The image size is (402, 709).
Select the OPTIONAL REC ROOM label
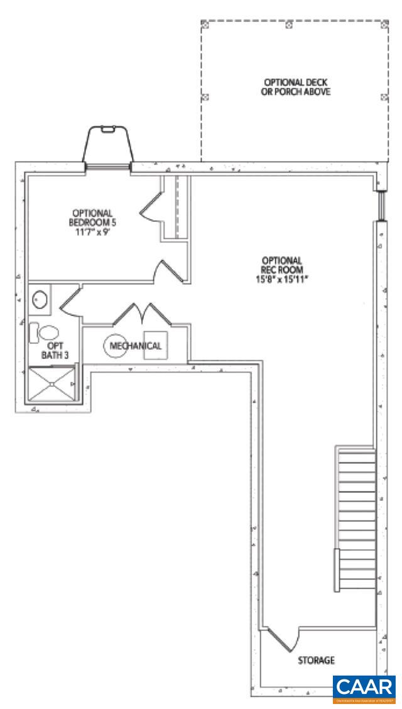coord(283,264)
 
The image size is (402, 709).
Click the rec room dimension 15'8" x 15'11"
coord(283,277)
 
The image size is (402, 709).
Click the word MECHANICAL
coord(135,346)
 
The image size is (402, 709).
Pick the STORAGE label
coord(316,661)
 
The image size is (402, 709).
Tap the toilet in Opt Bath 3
coord(44,331)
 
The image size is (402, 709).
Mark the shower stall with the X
coord(52,384)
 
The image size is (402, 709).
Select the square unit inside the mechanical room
coord(155,344)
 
